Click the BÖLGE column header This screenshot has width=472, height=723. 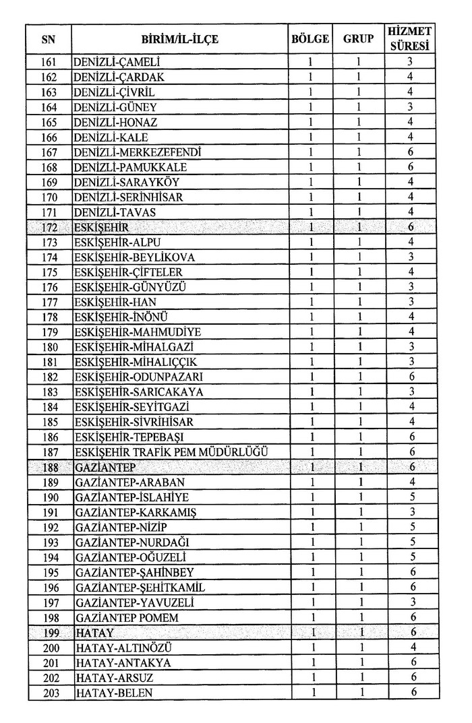pos(309,39)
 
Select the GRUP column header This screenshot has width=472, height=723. pos(359,39)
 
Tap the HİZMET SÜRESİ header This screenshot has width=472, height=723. pos(410,39)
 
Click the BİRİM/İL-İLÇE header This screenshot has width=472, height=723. pos(180,39)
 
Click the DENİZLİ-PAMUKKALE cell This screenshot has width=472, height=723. pos(131,167)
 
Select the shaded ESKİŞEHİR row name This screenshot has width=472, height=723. pos(101,227)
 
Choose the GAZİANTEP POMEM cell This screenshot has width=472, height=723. pos(127,617)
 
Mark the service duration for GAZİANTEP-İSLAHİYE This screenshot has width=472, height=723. pos(410,497)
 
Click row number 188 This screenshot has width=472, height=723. pos(49,467)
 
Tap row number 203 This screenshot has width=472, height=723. pos(49,692)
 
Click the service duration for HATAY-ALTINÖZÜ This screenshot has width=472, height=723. pos(410,647)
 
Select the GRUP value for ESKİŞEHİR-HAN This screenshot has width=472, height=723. pos(359,302)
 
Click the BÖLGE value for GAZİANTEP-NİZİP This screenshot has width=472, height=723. pos(310,527)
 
